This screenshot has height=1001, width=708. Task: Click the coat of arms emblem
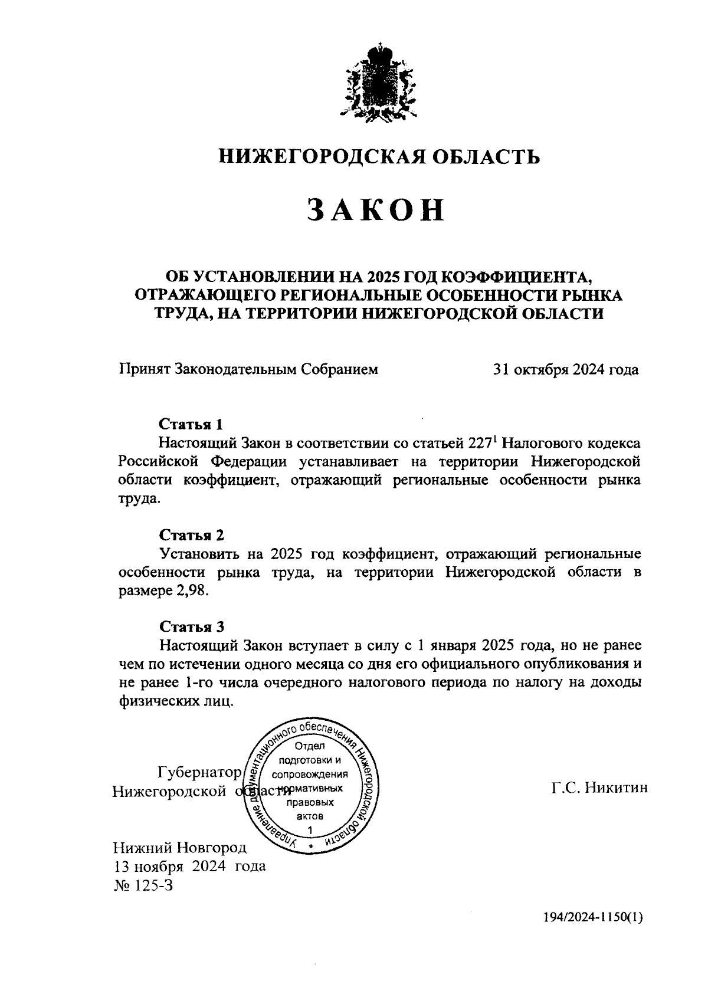click(x=378, y=83)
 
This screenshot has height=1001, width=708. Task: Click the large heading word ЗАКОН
click(x=376, y=210)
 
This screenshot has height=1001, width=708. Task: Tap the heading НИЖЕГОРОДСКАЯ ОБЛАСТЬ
click(x=379, y=156)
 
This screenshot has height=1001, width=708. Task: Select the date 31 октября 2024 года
click(x=565, y=369)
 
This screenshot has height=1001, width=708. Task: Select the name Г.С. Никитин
click(x=599, y=787)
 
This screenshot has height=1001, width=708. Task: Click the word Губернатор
click(x=199, y=772)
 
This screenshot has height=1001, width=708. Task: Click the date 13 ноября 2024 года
click(x=188, y=866)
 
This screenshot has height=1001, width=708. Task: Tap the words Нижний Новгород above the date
click(x=179, y=848)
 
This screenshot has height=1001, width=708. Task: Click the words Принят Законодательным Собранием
click(x=248, y=369)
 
